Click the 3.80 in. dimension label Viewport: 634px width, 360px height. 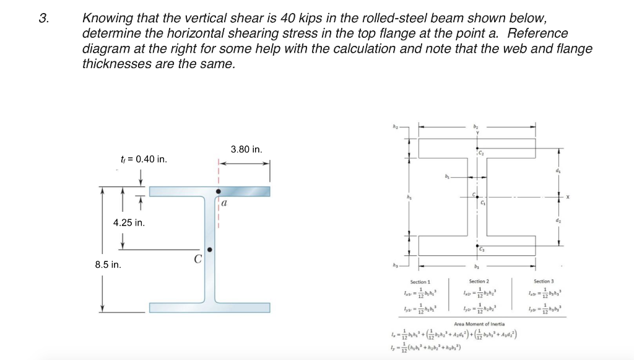coord(246,149)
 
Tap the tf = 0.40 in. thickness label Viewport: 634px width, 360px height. coord(144,159)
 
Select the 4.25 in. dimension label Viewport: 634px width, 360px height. coord(129,223)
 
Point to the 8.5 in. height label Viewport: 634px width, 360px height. coord(108,265)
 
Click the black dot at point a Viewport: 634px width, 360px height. coord(218,191)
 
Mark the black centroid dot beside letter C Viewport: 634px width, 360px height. coord(210,250)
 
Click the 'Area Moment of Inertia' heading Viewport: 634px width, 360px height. coord(479,323)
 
